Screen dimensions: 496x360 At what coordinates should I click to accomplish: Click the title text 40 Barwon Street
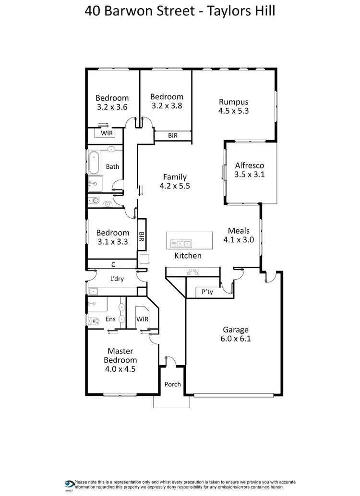[x=139, y=11]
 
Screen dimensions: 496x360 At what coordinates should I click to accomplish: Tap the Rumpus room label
[x=233, y=102]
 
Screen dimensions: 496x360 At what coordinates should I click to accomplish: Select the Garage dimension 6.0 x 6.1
[x=236, y=339]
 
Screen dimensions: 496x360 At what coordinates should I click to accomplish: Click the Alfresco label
[x=249, y=165]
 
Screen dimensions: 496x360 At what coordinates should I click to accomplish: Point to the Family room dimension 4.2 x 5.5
[x=175, y=186]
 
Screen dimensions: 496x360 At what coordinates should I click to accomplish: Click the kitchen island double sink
[x=181, y=243]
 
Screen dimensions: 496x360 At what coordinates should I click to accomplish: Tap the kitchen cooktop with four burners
[x=193, y=272]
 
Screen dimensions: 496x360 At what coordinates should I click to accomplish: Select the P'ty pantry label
[x=207, y=292]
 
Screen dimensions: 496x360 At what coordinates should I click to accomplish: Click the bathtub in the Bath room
[x=93, y=163]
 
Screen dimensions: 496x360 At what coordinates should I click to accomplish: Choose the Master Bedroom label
[x=120, y=355]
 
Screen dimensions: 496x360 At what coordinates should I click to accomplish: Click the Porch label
[x=172, y=384]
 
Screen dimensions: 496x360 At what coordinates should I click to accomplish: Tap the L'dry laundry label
[x=117, y=278]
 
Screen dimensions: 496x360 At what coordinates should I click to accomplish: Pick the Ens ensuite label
[x=110, y=319]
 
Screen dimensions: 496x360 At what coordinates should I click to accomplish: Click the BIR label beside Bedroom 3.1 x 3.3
[x=142, y=237]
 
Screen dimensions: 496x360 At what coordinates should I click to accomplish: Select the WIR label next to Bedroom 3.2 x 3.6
[x=106, y=134]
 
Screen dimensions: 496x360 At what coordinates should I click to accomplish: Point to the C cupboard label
[x=113, y=264]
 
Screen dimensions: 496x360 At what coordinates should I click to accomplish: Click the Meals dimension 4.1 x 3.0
[x=239, y=240]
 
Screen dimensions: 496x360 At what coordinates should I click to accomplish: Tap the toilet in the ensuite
[x=93, y=321]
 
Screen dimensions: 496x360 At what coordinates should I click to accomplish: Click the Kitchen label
[x=188, y=256]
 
